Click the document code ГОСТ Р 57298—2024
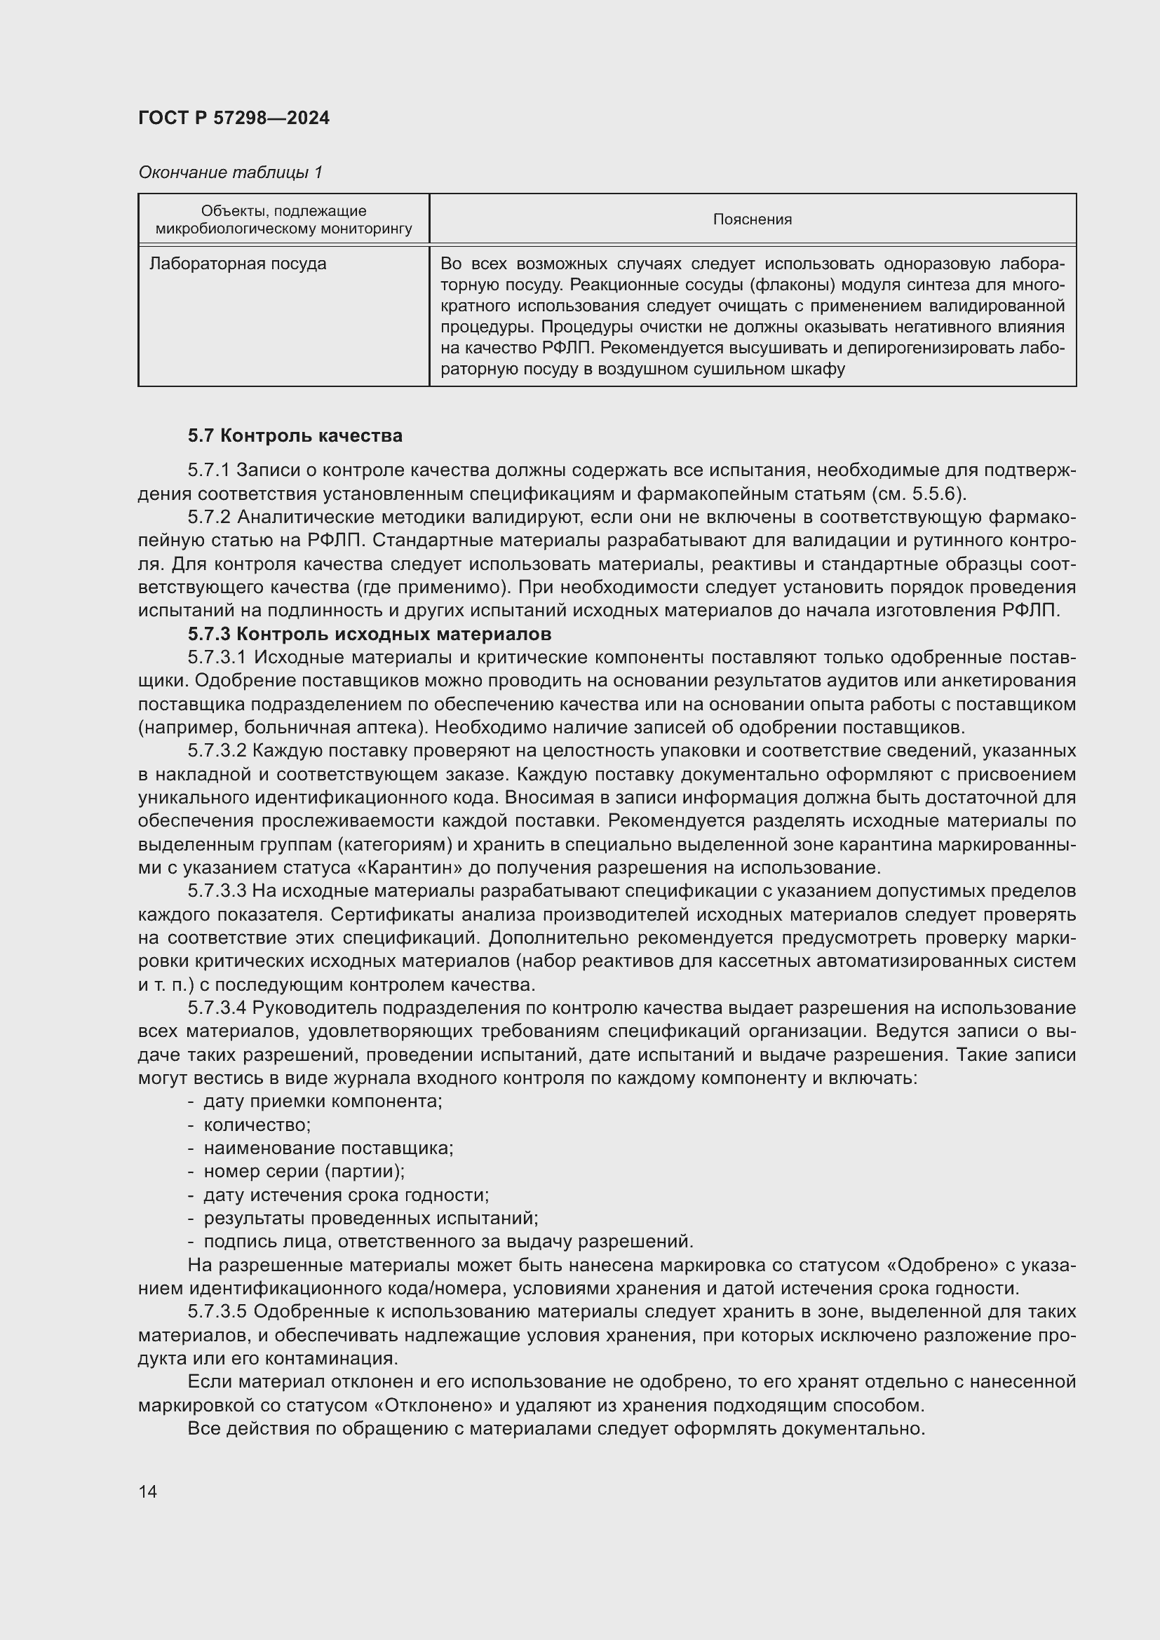[x=234, y=118]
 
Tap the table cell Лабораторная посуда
[x=237, y=264]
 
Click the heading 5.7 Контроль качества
[x=295, y=435]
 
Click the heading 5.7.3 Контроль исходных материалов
[x=370, y=634]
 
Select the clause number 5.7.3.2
[x=217, y=751]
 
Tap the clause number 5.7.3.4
[x=217, y=1008]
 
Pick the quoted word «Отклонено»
[x=433, y=1405]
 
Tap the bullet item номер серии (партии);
[x=304, y=1172]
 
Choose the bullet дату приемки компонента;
[x=323, y=1102]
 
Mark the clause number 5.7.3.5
[x=217, y=1311]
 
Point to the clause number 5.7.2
[x=208, y=517]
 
